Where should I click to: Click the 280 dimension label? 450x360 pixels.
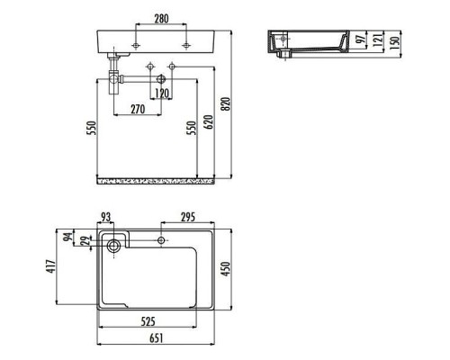pyautogui.click(x=161, y=19)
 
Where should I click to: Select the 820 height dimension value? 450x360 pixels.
pyautogui.click(x=226, y=103)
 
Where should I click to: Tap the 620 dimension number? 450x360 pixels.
pyautogui.click(x=209, y=121)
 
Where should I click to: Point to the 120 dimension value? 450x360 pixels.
pyautogui.click(x=162, y=94)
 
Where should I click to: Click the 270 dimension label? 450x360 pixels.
pyautogui.click(x=138, y=109)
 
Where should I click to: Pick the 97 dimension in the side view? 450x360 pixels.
pyautogui.click(x=361, y=39)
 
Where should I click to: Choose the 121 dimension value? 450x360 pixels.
pyautogui.click(x=378, y=40)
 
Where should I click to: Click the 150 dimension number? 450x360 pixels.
pyautogui.click(x=395, y=43)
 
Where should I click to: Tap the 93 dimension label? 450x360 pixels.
pyautogui.click(x=105, y=217)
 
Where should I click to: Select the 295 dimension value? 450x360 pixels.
pyautogui.click(x=188, y=217)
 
